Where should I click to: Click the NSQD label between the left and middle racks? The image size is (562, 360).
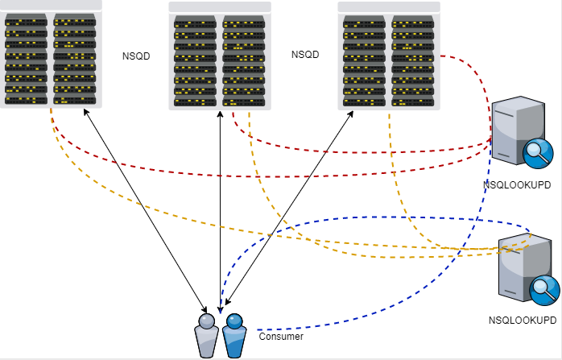[x=136, y=56]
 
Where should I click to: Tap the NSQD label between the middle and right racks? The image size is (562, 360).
[x=305, y=55]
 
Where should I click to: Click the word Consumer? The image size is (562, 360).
[x=281, y=336]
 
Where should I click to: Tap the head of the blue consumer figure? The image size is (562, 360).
[x=233, y=321]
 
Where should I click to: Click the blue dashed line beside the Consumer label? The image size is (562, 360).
[x=322, y=328]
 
